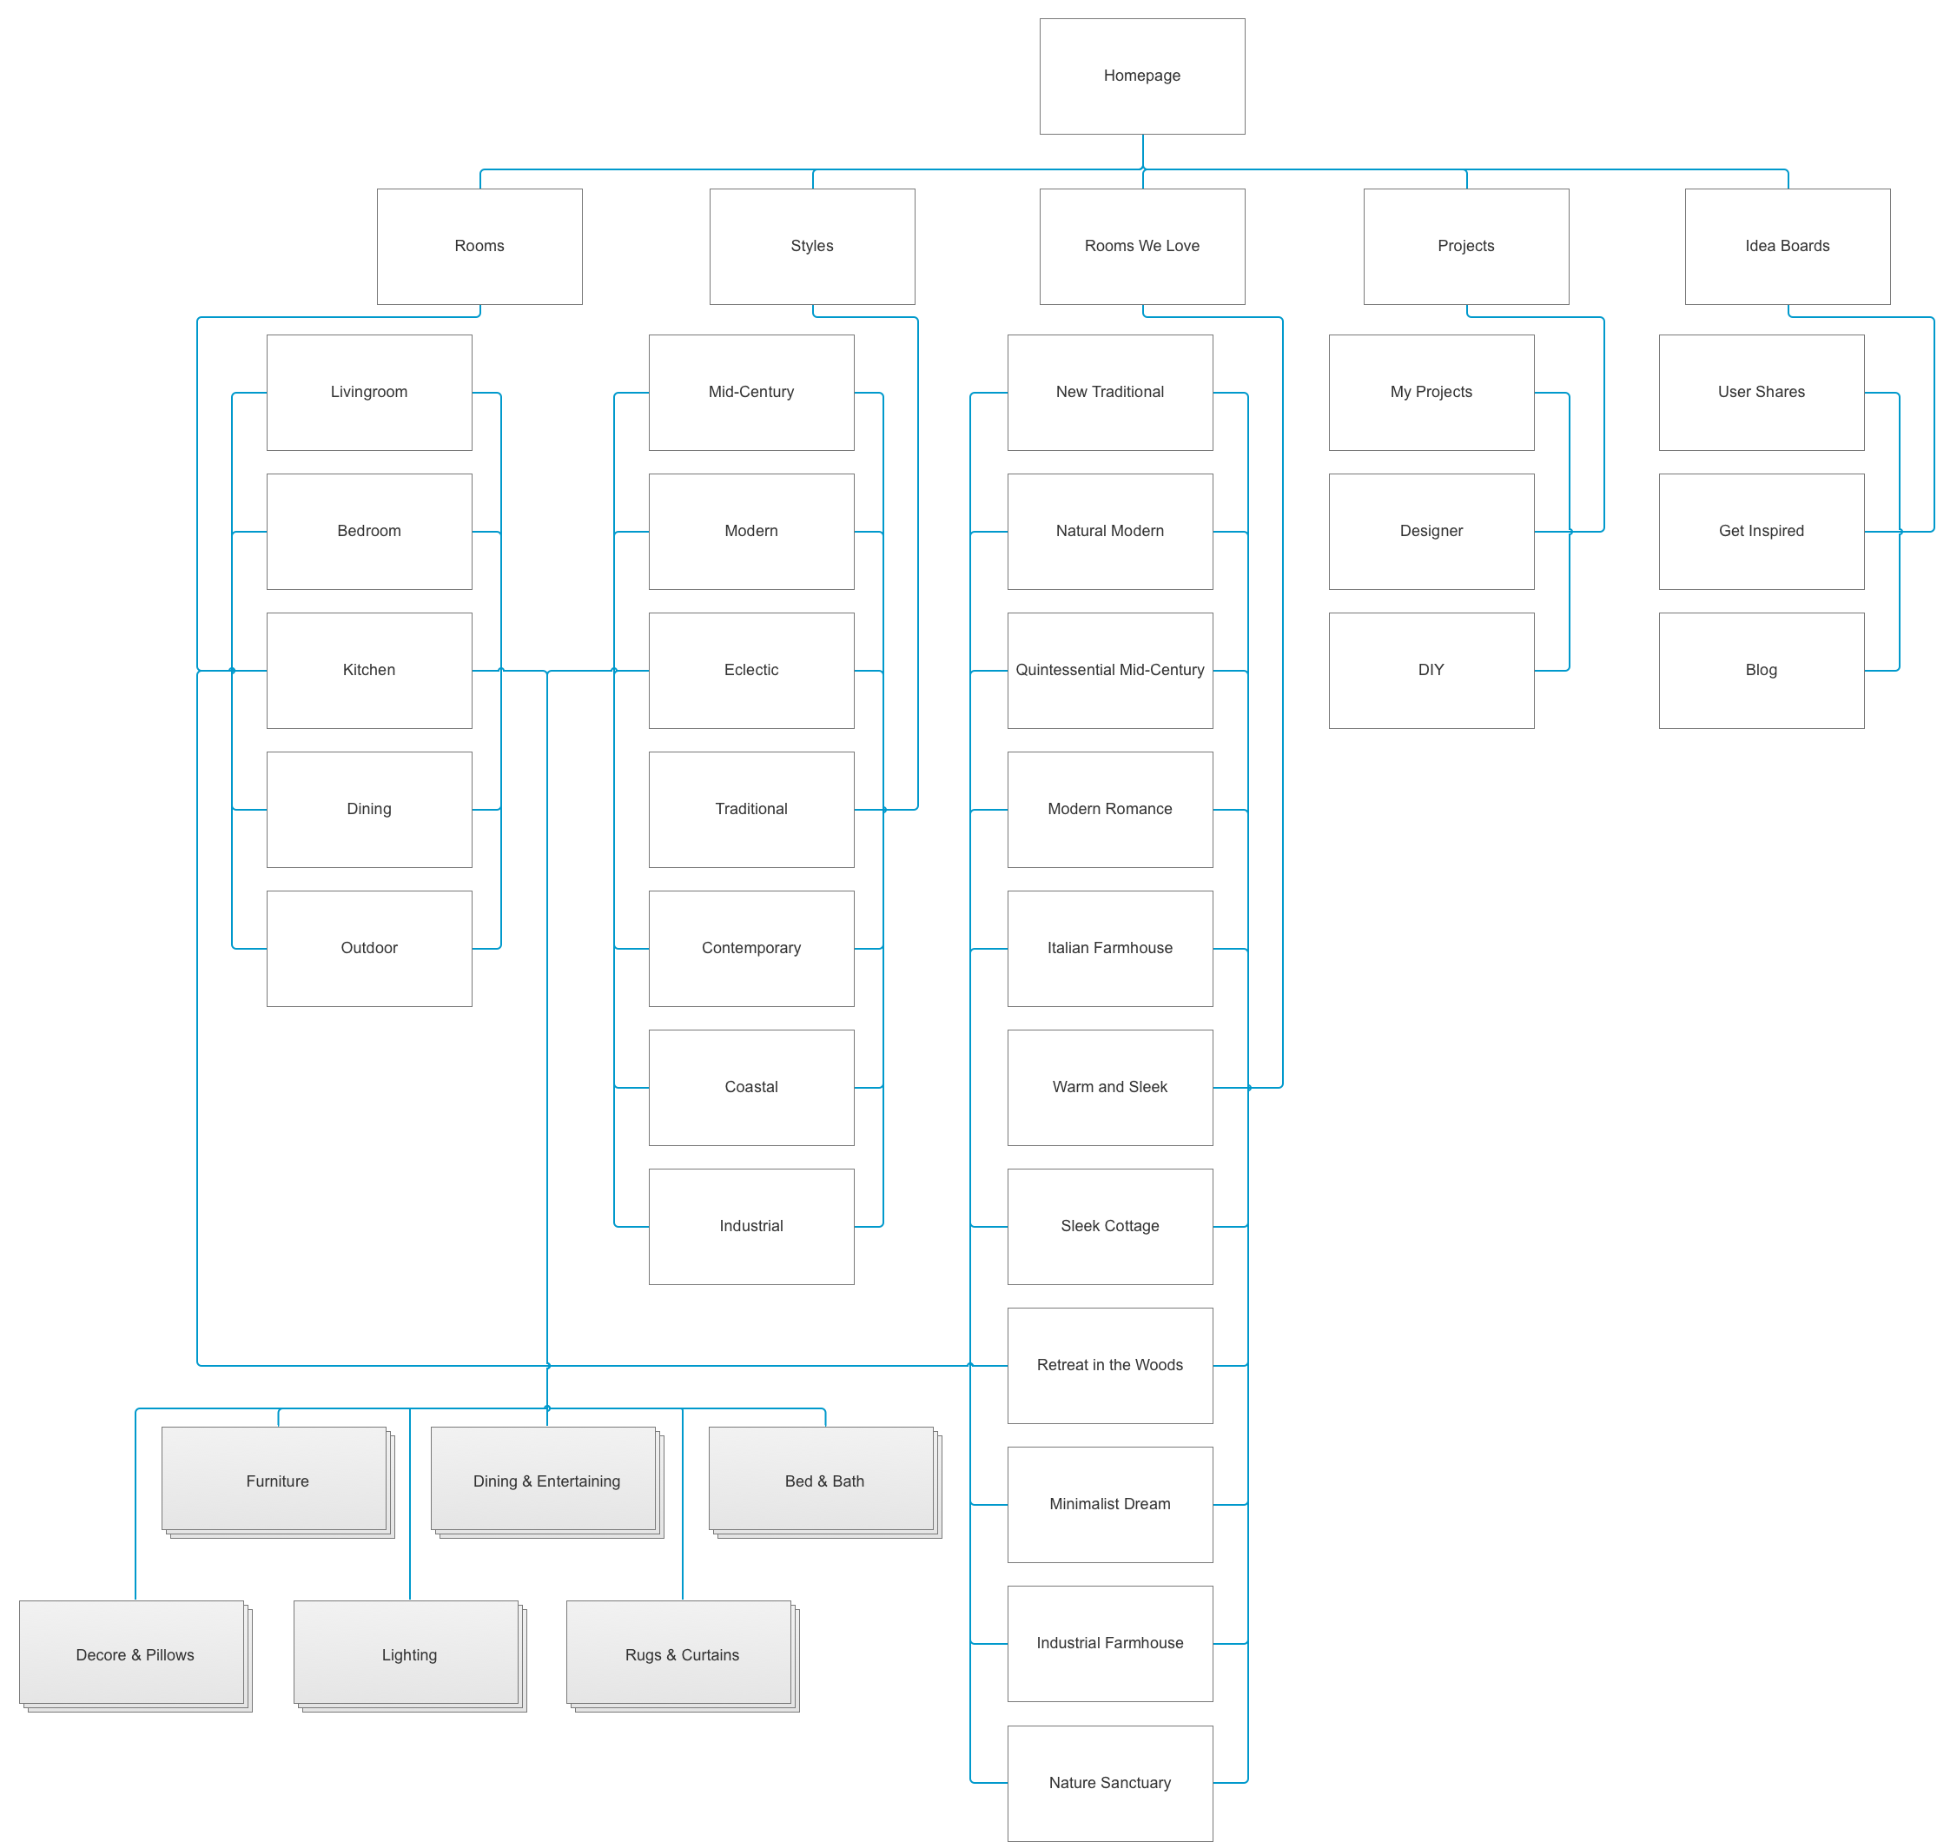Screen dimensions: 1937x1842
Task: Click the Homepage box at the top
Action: [1141, 76]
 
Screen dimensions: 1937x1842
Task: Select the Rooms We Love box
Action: [1141, 247]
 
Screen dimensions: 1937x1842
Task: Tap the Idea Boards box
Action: [1787, 247]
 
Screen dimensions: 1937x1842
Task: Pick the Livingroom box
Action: [369, 393]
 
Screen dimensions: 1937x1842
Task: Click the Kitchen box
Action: [369, 671]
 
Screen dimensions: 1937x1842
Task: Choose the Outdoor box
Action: [369, 949]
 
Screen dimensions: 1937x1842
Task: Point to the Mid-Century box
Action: [751, 393]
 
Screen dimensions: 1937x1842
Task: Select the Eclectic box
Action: [751, 671]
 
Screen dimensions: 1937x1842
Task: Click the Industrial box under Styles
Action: [751, 1226]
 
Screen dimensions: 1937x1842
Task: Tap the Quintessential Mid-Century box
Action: [1109, 671]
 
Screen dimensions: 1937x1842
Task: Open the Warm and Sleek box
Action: [1109, 1087]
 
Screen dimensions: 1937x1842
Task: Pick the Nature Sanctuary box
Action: [1109, 1783]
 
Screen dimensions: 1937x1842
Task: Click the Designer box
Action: [1431, 531]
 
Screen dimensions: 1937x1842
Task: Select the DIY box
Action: [1431, 671]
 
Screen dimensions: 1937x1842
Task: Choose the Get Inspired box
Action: [1762, 531]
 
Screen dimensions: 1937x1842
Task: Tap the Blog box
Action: [1762, 671]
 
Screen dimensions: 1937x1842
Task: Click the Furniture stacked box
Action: [278, 1481]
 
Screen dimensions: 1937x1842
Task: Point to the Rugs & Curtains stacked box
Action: [683, 1655]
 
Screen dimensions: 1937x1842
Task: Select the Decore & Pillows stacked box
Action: [136, 1655]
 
